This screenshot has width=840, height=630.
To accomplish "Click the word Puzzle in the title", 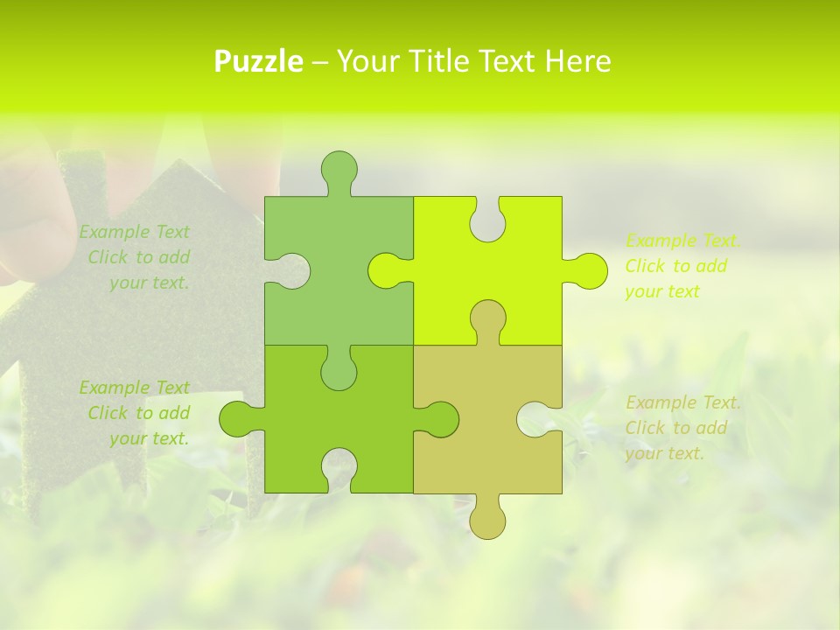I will tap(259, 62).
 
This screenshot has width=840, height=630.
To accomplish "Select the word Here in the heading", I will tap(577, 61).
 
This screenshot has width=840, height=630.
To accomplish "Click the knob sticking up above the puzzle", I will tap(339, 168).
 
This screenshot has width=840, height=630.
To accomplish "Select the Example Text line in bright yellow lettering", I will tap(682, 241).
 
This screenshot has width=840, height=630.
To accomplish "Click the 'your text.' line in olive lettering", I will tap(664, 453).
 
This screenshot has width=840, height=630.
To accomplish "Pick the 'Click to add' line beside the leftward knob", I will tap(138, 413).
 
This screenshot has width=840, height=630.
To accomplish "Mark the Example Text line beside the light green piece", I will tap(134, 232).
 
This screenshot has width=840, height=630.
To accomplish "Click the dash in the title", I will tap(319, 62).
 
